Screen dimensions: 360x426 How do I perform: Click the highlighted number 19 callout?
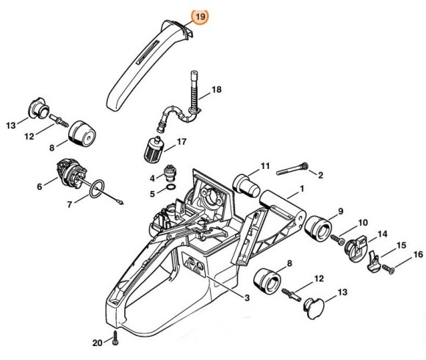click(x=200, y=15)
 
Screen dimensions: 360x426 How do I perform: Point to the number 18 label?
click(x=216, y=90)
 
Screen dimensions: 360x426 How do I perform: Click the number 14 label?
click(x=383, y=234)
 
